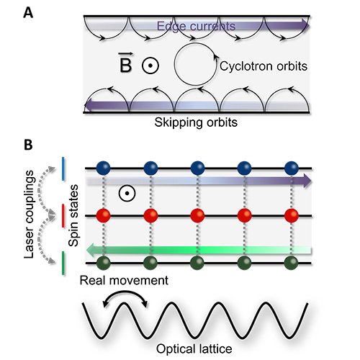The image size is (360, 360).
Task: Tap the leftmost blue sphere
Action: tap(104, 168)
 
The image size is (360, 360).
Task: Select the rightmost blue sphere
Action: tap(292, 168)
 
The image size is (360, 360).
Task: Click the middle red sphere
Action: tap(197, 215)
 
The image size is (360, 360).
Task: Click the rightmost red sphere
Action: tap(292, 215)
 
